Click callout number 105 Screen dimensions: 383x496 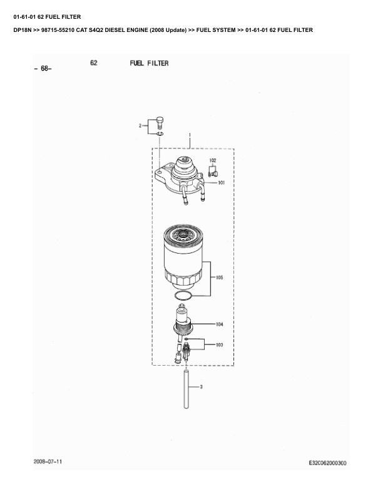(x=219, y=277)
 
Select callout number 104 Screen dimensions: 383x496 (x=219, y=324)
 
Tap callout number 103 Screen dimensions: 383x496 (x=219, y=345)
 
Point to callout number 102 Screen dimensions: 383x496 (x=213, y=160)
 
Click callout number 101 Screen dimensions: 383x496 (x=222, y=182)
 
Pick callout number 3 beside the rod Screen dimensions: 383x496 (x=201, y=386)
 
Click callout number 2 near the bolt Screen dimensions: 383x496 (x=140, y=126)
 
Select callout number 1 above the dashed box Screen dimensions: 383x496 (x=190, y=135)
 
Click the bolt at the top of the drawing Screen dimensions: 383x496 (x=160, y=123)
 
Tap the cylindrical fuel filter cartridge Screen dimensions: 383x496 (x=183, y=256)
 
